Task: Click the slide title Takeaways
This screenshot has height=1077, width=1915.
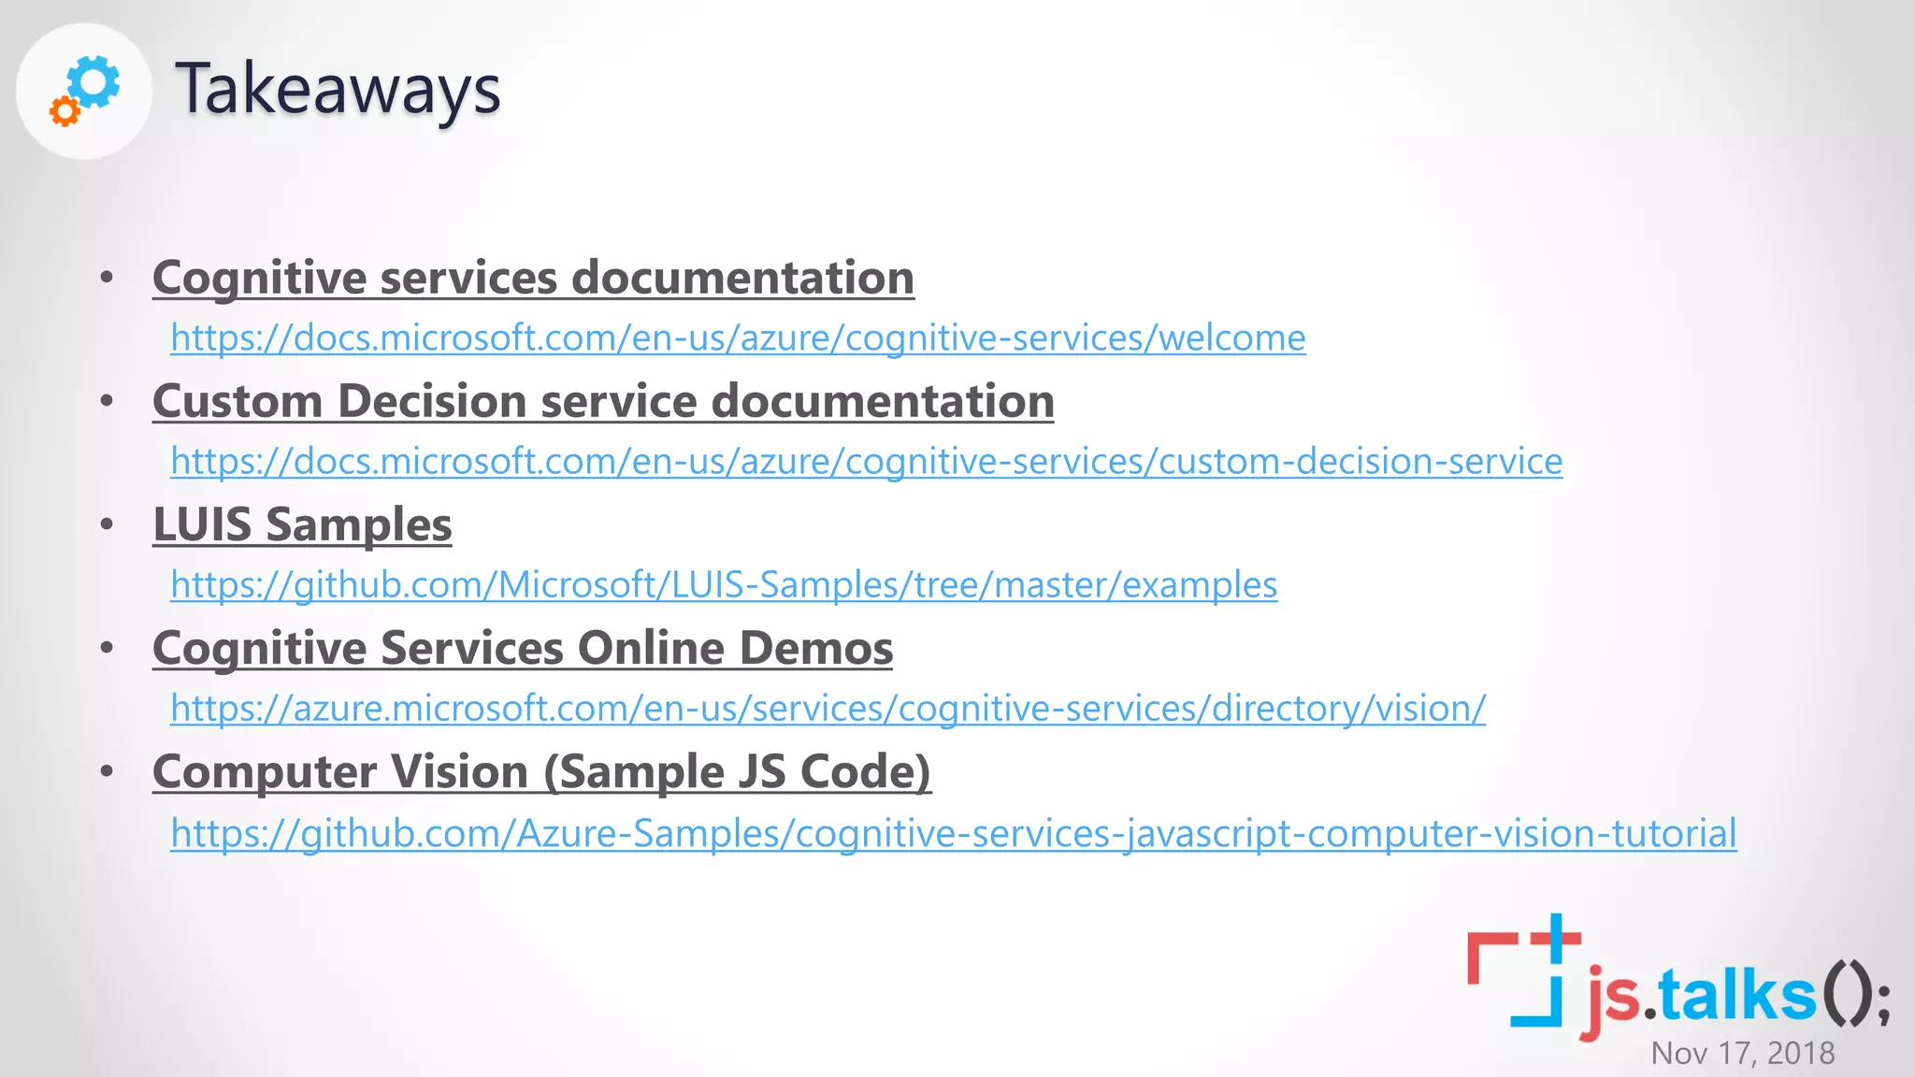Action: point(338,89)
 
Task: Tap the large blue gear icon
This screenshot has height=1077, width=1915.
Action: point(94,82)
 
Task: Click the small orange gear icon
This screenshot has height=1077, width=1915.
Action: point(65,112)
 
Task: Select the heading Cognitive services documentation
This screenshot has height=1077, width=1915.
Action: point(533,278)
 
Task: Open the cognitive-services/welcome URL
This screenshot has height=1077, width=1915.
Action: point(738,337)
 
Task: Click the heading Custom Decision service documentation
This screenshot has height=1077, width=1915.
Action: point(603,401)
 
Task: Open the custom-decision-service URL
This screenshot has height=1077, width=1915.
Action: point(866,461)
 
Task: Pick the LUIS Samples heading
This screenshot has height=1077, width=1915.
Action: point(302,524)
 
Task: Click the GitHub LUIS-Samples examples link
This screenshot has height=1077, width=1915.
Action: point(724,584)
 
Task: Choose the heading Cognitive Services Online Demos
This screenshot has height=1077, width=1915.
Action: point(523,648)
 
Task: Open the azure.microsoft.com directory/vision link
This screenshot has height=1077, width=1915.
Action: point(828,708)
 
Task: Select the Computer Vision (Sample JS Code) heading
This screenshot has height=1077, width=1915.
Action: point(541,772)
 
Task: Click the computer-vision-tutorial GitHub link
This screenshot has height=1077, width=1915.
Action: point(953,833)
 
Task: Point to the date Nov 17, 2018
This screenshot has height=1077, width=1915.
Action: point(1742,1053)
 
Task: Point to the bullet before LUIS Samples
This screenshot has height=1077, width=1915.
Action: point(107,524)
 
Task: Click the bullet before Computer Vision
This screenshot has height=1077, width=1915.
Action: point(107,771)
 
